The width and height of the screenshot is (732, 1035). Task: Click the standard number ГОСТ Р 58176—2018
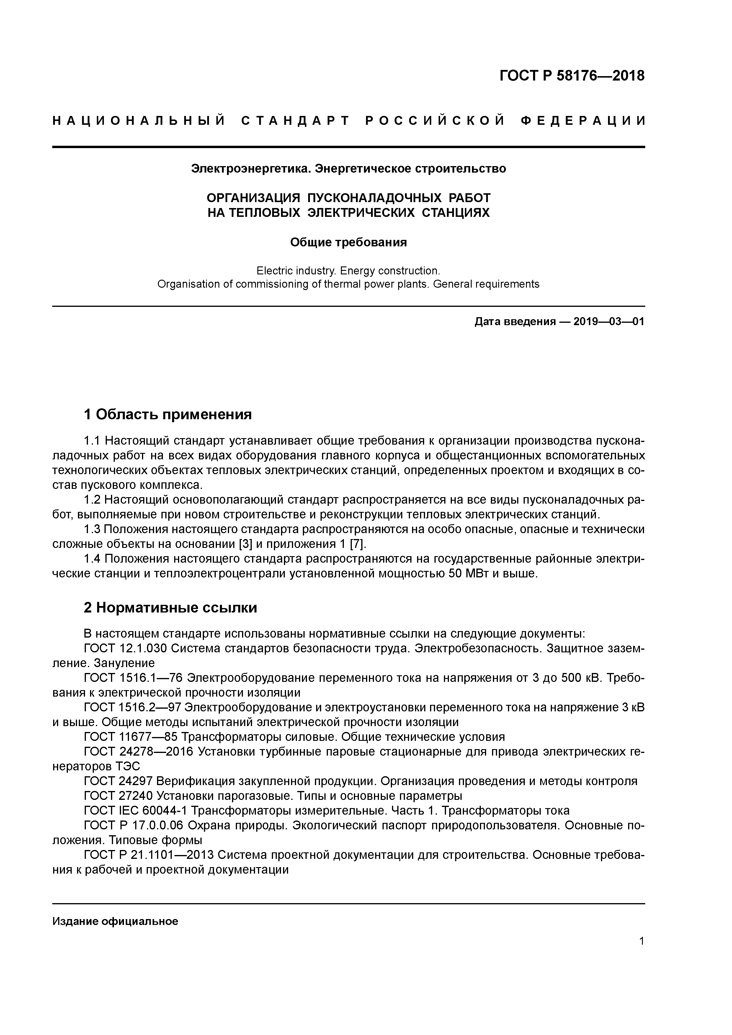pyautogui.click(x=572, y=76)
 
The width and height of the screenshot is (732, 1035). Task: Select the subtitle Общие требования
pyautogui.click(x=348, y=243)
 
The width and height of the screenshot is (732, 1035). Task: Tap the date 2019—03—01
pyautogui.click(x=609, y=322)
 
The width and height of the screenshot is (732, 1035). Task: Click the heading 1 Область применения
pyautogui.click(x=168, y=414)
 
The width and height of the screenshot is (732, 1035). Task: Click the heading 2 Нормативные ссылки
pyautogui.click(x=171, y=608)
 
